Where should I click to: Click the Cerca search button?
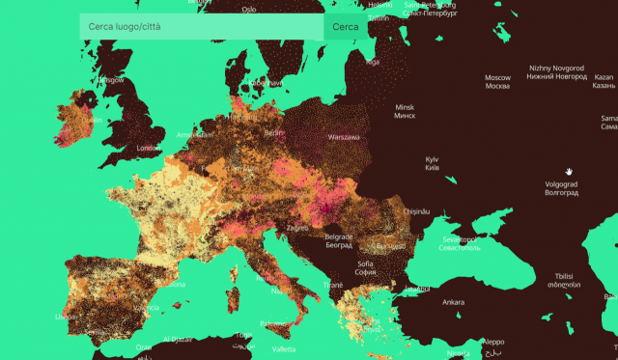(345, 27)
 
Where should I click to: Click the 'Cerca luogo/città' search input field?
(201, 27)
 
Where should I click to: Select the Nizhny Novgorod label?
(558, 72)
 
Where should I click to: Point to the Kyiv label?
(432, 163)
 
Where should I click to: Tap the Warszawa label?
(344, 137)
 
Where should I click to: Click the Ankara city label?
(453, 302)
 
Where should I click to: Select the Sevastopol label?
(459, 243)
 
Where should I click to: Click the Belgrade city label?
(339, 240)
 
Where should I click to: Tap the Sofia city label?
(365, 267)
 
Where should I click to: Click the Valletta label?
(283, 348)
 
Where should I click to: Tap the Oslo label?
(249, 10)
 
